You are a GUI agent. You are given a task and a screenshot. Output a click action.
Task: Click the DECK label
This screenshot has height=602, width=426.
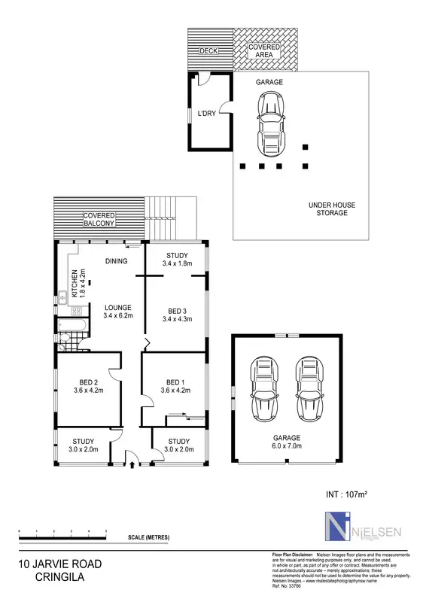click(207, 51)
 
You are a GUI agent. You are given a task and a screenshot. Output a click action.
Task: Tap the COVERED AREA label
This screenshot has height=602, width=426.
click(264, 51)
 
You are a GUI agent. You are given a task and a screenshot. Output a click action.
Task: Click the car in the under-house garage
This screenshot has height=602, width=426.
click(271, 121)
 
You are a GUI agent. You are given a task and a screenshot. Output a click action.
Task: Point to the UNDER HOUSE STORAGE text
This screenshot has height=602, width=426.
click(332, 209)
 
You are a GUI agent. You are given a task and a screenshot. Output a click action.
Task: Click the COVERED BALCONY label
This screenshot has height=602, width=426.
click(99, 220)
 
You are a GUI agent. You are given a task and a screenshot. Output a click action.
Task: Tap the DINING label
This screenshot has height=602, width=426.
click(117, 261)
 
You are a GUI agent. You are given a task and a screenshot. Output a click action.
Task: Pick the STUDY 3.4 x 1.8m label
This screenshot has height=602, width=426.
click(178, 260)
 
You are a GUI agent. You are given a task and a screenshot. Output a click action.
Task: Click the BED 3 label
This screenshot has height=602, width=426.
click(178, 315)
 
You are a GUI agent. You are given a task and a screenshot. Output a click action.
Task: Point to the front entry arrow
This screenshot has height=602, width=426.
click(132, 464)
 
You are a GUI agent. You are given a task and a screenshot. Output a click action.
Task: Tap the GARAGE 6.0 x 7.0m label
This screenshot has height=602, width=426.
click(287, 442)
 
